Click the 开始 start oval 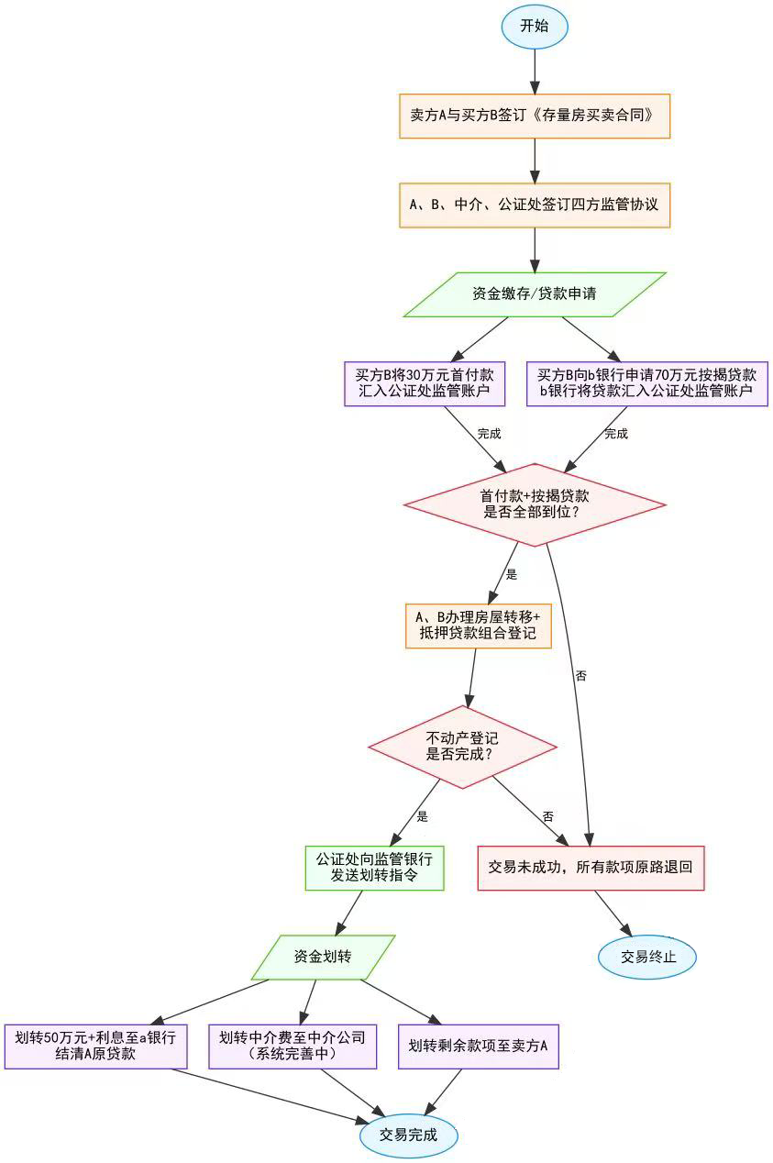coord(535,26)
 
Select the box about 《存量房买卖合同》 coord(535,116)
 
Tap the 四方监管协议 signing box coord(535,205)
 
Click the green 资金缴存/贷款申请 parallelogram coord(535,294)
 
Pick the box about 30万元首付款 coord(425,383)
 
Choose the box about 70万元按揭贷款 coord(647,383)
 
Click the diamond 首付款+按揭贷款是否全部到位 coord(535,504)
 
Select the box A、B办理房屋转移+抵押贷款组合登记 coord(478,626)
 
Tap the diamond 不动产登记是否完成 coord(463,747)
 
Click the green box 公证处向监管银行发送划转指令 coord(374,868)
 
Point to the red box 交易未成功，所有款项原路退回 coord(591,868)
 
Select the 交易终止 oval coord(647,957)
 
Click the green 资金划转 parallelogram coord(323,957)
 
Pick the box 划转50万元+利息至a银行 coord(95,1046)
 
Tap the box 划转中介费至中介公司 coord(293,1046)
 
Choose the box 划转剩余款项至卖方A coord(478,1046)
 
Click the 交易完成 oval coord(408,1135)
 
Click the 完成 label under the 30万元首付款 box coord(490,434)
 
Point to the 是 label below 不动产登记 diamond coord(423,816)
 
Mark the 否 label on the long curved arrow coord(580,676)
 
